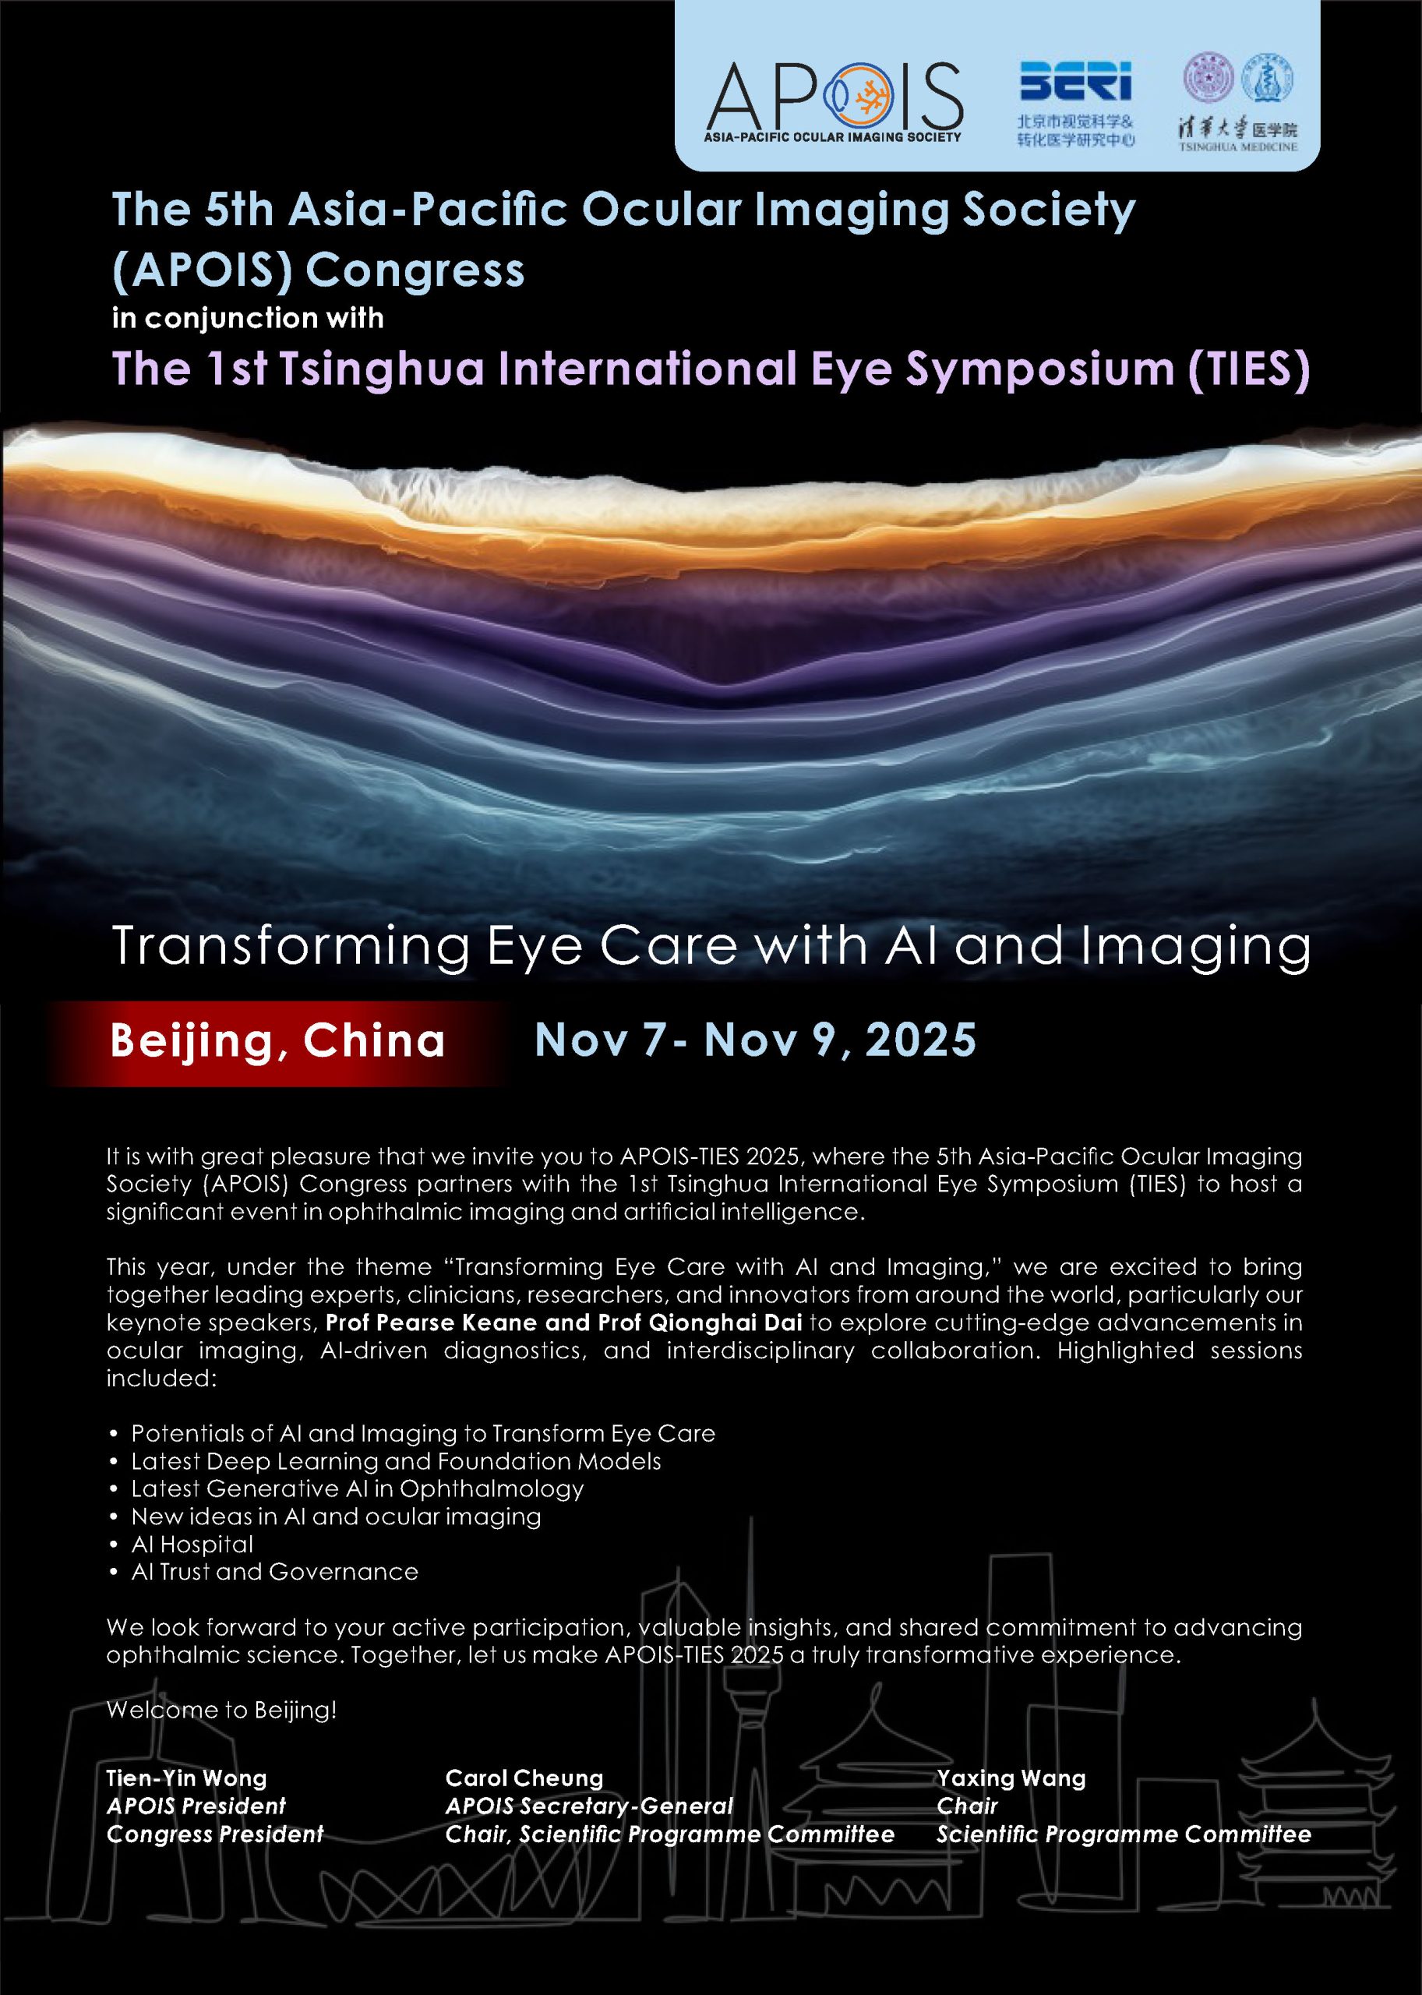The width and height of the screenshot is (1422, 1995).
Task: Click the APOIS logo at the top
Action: (x=834, y=101)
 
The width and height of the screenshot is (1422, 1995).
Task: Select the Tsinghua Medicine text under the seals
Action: (x=1237, y=147)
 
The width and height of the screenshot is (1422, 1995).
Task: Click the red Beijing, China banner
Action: (x=277, y=1042)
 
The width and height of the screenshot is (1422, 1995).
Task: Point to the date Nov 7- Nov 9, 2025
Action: (x=755, y=1040)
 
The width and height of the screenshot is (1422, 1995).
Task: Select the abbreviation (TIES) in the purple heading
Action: (x=1250, y=369)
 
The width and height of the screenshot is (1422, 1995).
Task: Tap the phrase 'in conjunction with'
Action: (x=248, y=318)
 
